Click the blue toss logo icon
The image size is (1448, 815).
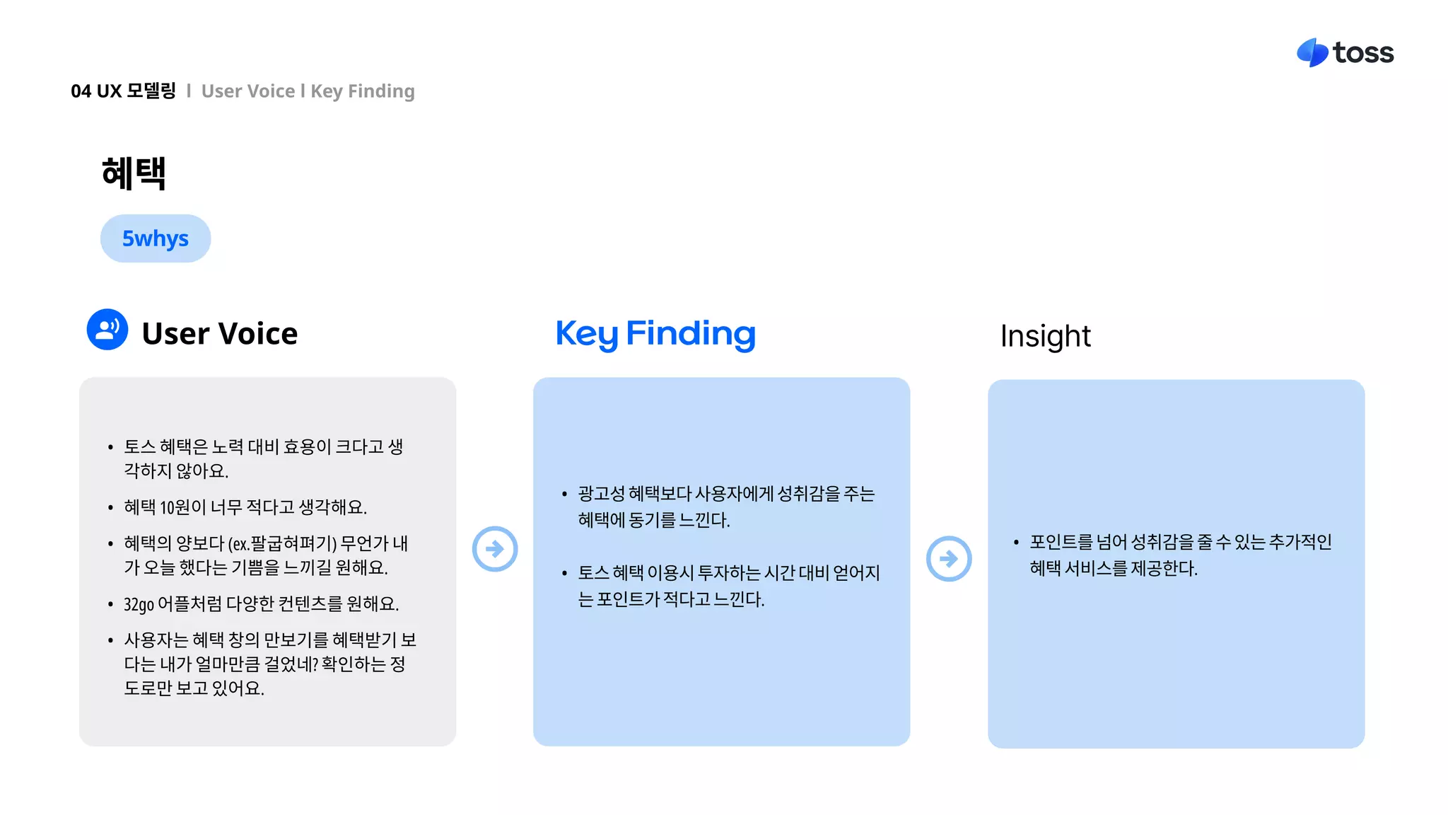point(1312,53)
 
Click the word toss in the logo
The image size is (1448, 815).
point(1363,53)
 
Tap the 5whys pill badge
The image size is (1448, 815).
point(156,238)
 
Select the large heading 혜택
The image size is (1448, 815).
point(134,173)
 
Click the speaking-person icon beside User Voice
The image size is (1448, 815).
point(107,330)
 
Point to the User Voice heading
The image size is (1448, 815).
point(219,334)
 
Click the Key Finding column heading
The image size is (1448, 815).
point(655,334)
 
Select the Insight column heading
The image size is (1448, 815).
point(1045,336)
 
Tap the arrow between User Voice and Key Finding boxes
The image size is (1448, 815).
point(495,549)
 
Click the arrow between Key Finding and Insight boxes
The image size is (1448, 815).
point(949,559)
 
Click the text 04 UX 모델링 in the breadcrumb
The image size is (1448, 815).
point(123,91)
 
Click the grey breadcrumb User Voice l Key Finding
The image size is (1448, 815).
point(308,91)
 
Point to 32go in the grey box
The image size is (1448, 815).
point(139,604)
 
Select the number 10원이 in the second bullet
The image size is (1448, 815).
point(183,507)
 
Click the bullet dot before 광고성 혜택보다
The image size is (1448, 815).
point(564,495)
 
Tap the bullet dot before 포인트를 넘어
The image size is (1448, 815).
point(1016,543)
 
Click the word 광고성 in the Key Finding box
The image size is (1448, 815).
point(601,494)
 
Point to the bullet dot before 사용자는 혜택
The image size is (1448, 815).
point(110,641)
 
